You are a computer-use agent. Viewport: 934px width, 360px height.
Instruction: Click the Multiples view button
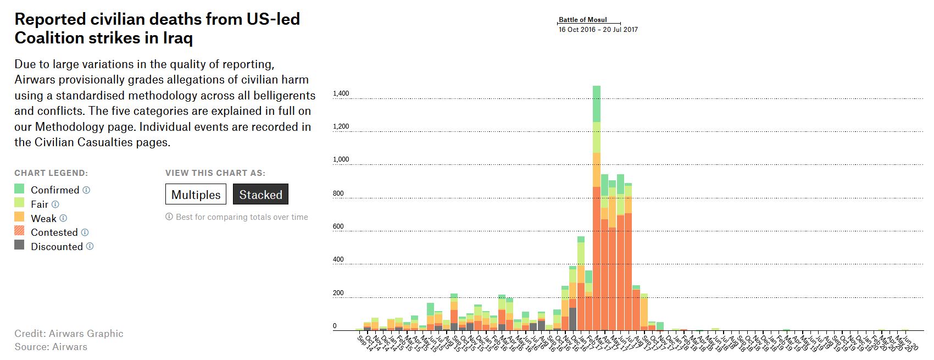click(196, 195)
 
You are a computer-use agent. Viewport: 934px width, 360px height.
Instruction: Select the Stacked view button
click(260, 195)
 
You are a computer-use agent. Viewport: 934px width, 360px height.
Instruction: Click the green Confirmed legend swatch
click(19, 189)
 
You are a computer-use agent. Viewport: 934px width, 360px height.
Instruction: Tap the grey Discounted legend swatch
click(19, 245)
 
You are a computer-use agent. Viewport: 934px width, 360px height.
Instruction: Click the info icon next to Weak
click(63, 218)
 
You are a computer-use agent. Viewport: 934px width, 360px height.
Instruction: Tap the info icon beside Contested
click(85, 232)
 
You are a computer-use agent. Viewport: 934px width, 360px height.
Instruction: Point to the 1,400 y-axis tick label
click(341, 94)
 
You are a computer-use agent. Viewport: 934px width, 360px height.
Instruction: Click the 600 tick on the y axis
click(338, 226)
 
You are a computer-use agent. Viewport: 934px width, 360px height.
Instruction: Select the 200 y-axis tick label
click(338, 293)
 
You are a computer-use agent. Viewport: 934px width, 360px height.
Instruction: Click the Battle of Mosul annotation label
click(582, 20)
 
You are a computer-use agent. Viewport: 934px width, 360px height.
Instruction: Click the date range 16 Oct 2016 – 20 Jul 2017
click(598, 30)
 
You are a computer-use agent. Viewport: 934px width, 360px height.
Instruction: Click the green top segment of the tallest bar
click(597, 103)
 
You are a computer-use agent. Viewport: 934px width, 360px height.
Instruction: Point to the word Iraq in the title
click(177, 38)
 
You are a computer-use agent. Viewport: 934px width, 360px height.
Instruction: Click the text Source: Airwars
click(51, 347)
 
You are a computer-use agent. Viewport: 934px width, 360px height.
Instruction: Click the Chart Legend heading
click(51, 173)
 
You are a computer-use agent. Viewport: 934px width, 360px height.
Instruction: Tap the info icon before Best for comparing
click(169, 217)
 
